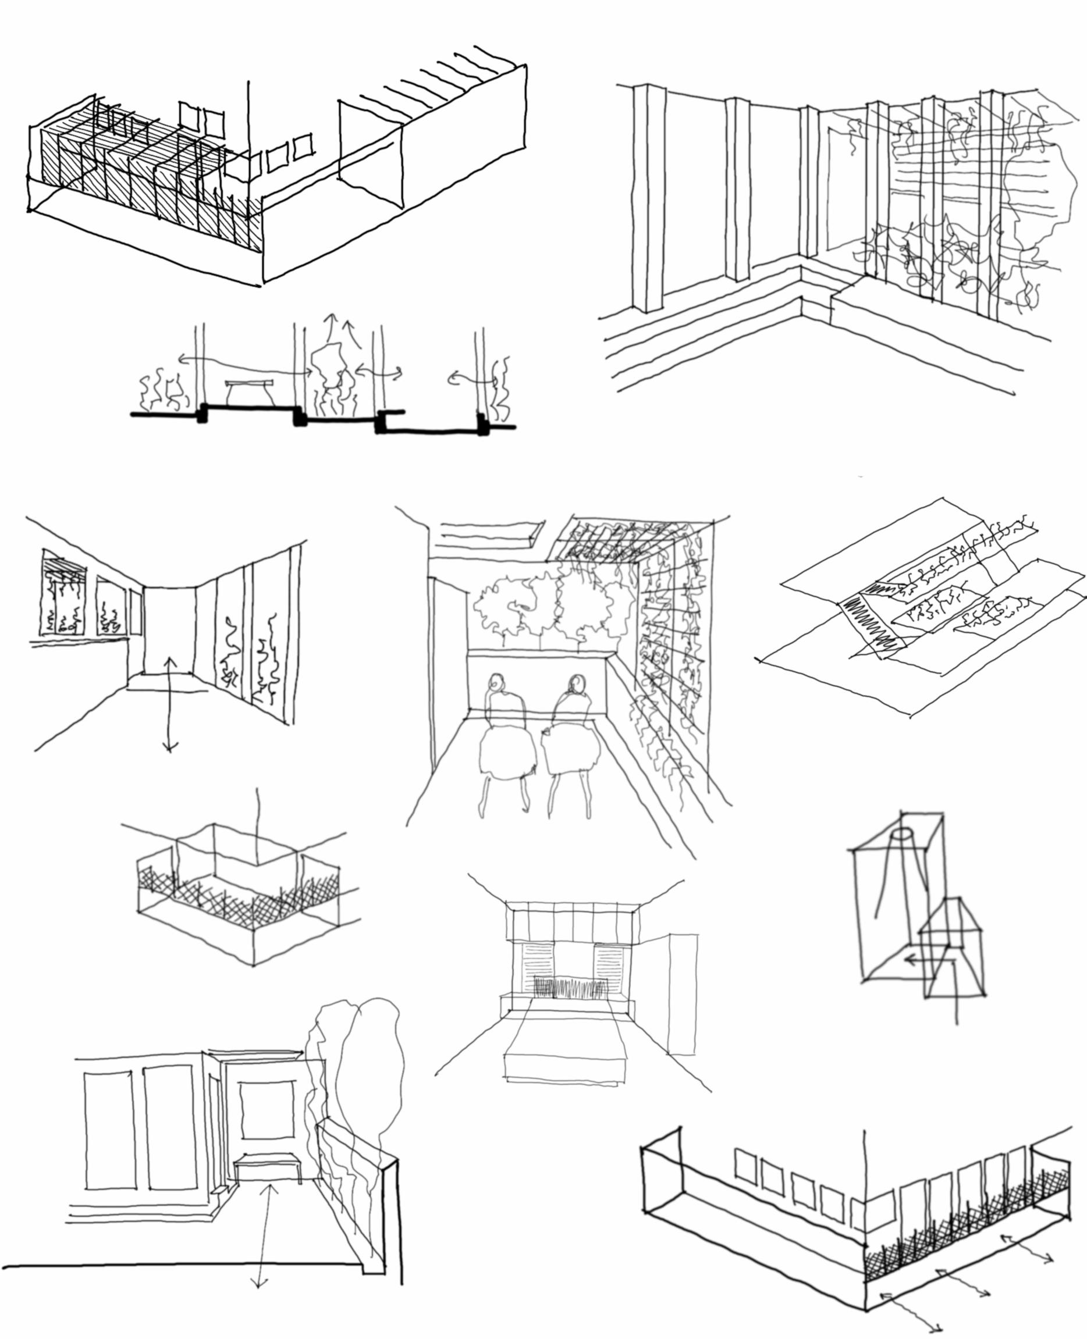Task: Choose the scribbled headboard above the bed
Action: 570,989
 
